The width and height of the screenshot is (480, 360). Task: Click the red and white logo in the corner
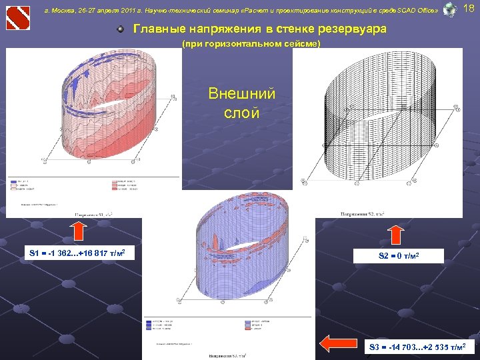tap(18, 17)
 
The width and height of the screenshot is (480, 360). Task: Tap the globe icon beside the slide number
tap(450, 9)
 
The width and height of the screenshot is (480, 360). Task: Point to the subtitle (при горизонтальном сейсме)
tap(251, 44)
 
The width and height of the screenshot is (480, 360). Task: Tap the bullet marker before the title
tap(120, 30)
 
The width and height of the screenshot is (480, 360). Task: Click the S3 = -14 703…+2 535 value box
tap(421, 347)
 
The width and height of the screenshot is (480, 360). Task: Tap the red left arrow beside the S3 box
tap(336, 343)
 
